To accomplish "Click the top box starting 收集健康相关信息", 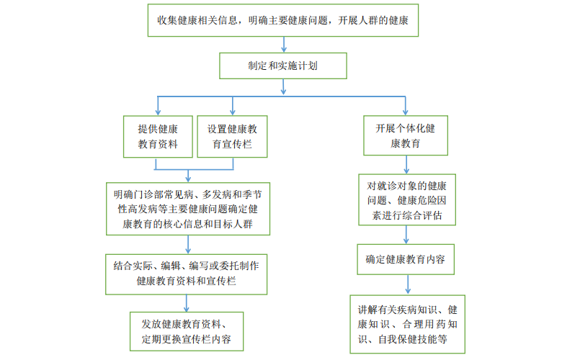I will [x=283, y=20].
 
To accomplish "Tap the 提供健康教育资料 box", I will [x=158, y=136].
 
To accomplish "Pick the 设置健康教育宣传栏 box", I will [x=233, y=136].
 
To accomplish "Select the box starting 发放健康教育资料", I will [x=187, y=331].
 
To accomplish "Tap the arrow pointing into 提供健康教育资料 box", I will [x=158, y=106].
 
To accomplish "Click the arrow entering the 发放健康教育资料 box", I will [x=187, y=302].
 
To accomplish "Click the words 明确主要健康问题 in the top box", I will [x=283, y=20].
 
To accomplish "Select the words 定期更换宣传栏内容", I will [x=187, y=339].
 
